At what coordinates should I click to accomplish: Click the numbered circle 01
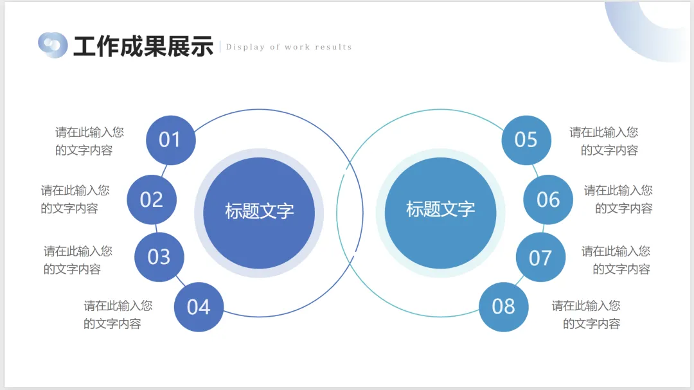point(170,139)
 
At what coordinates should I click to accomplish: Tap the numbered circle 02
point(152,199)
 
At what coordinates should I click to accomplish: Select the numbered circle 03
point(159,257)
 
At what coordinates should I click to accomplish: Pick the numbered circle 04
point(199,307)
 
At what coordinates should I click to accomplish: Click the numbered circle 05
point(526,139)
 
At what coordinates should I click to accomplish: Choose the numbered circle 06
point(548,199)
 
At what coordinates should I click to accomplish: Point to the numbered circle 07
point(540,258)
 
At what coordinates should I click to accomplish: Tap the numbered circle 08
point(504,307)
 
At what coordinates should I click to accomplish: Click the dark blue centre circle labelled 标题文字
point(259,212)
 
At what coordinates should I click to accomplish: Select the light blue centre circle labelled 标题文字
point(440,210)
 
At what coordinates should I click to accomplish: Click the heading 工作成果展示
point(143,46)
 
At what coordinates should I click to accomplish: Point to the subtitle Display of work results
point(289,47)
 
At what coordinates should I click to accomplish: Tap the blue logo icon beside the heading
point(53,45)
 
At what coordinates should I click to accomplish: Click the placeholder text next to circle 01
point(89,141)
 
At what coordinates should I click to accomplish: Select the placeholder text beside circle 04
point(118,315)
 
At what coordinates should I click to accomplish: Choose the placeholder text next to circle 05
point(604,141)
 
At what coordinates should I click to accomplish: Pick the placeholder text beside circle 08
point(586,315)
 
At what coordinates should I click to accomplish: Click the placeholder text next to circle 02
point(75,199)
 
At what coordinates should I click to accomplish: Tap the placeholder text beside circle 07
point(616,260)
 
